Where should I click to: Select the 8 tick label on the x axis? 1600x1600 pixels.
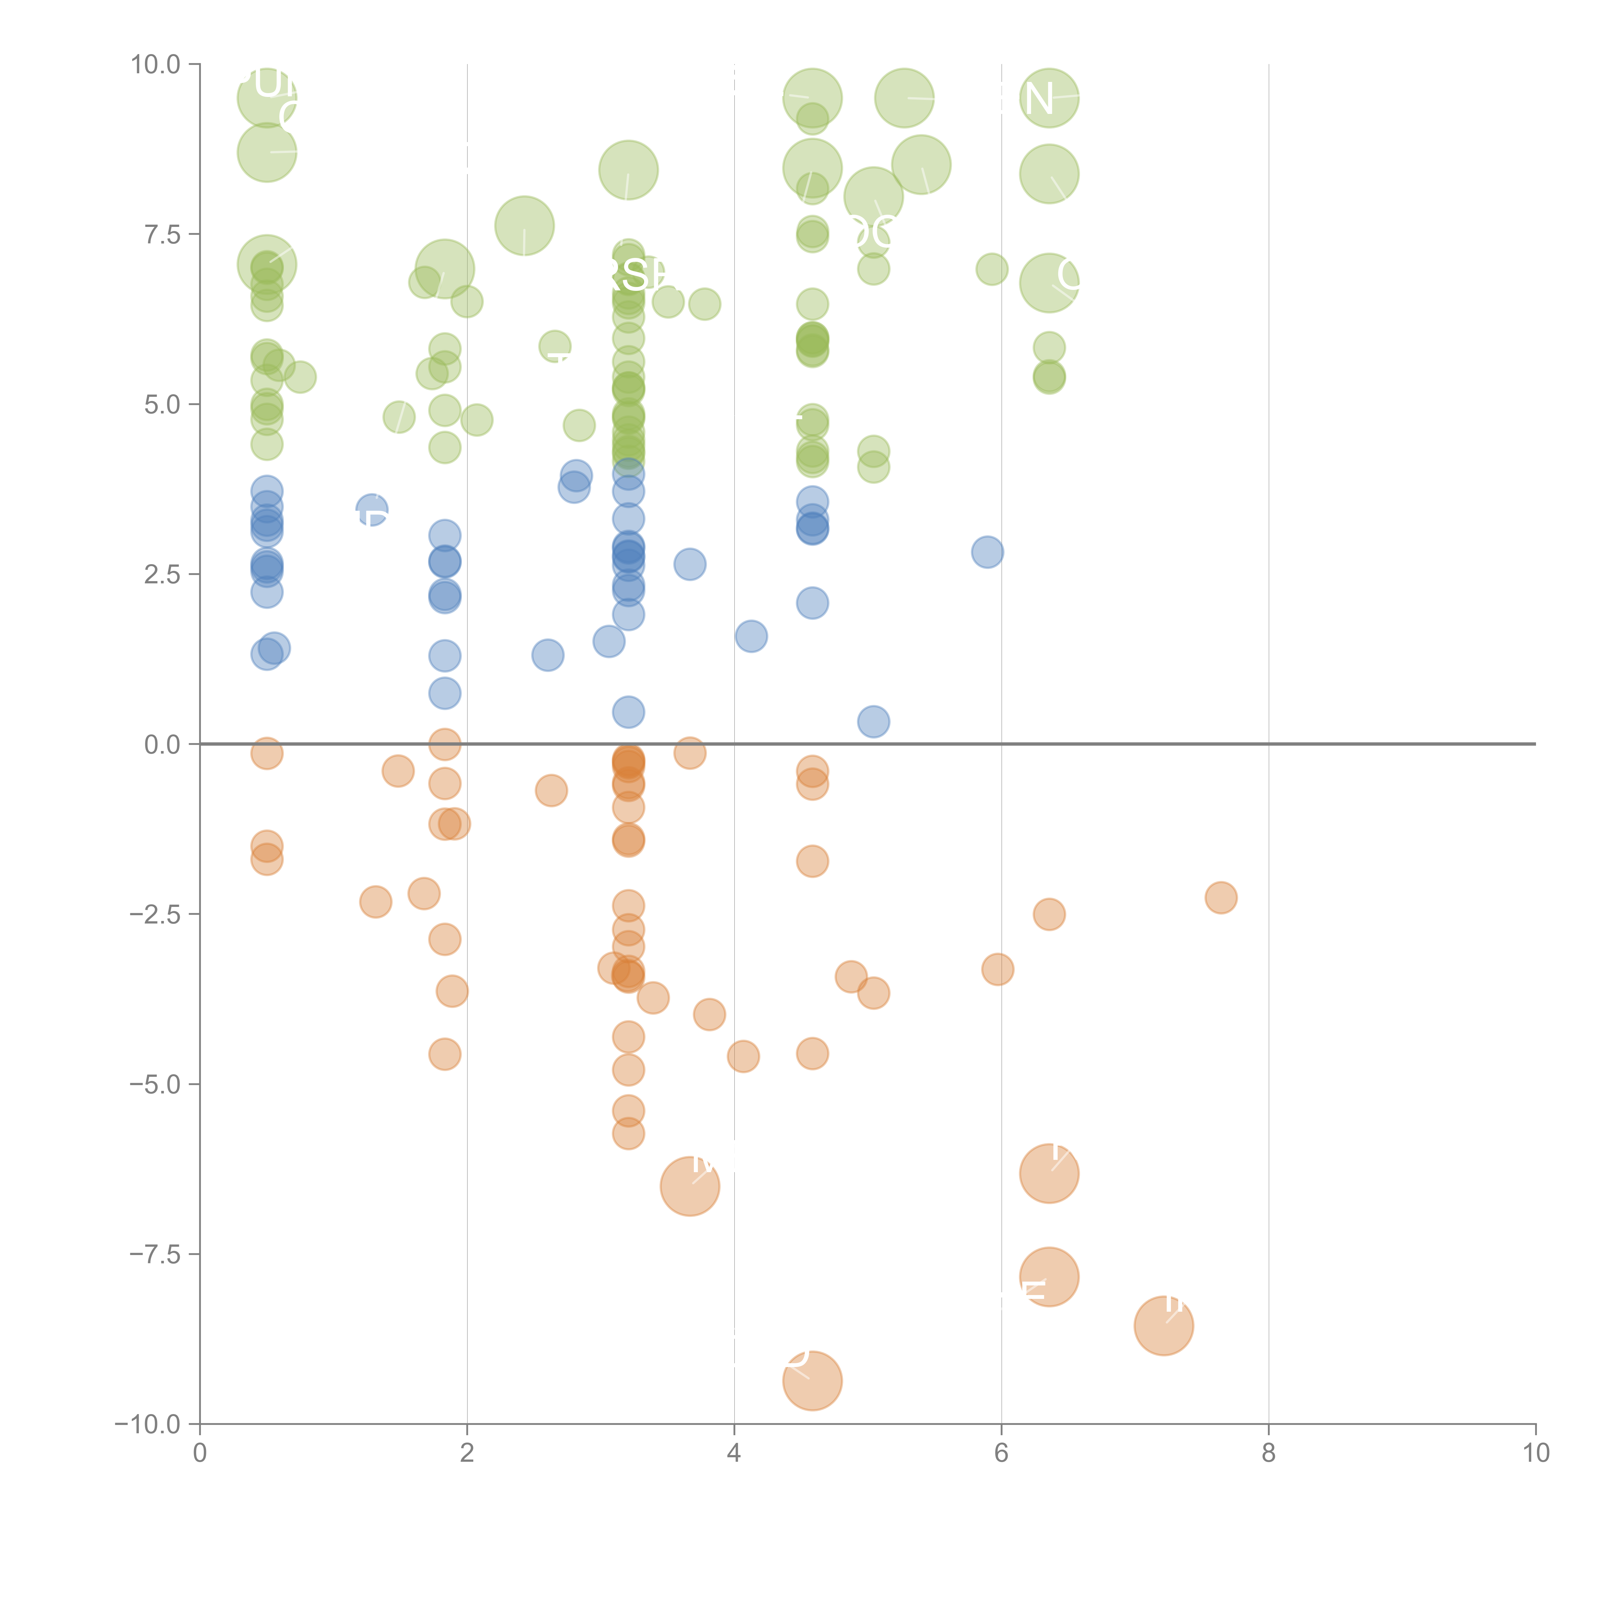tap(1269, 1453)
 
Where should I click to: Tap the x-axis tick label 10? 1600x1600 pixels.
tap(1535, 1453)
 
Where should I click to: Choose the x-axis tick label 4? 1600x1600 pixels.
tap(734, 1453)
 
